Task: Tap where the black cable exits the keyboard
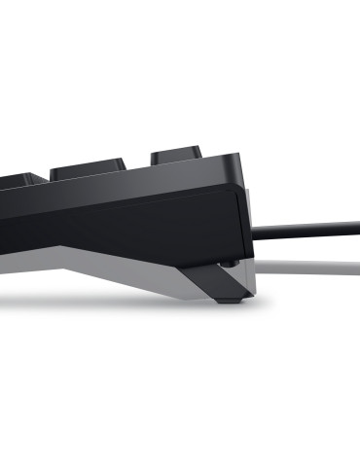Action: click(x=255, y=232)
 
